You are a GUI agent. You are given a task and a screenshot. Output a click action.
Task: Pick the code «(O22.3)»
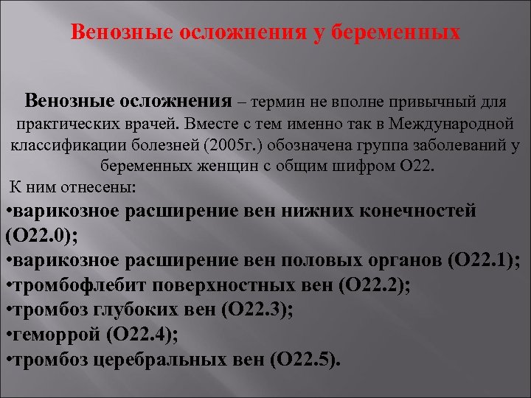(256, 310)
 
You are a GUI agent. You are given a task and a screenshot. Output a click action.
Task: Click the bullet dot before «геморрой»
(7, 335)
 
